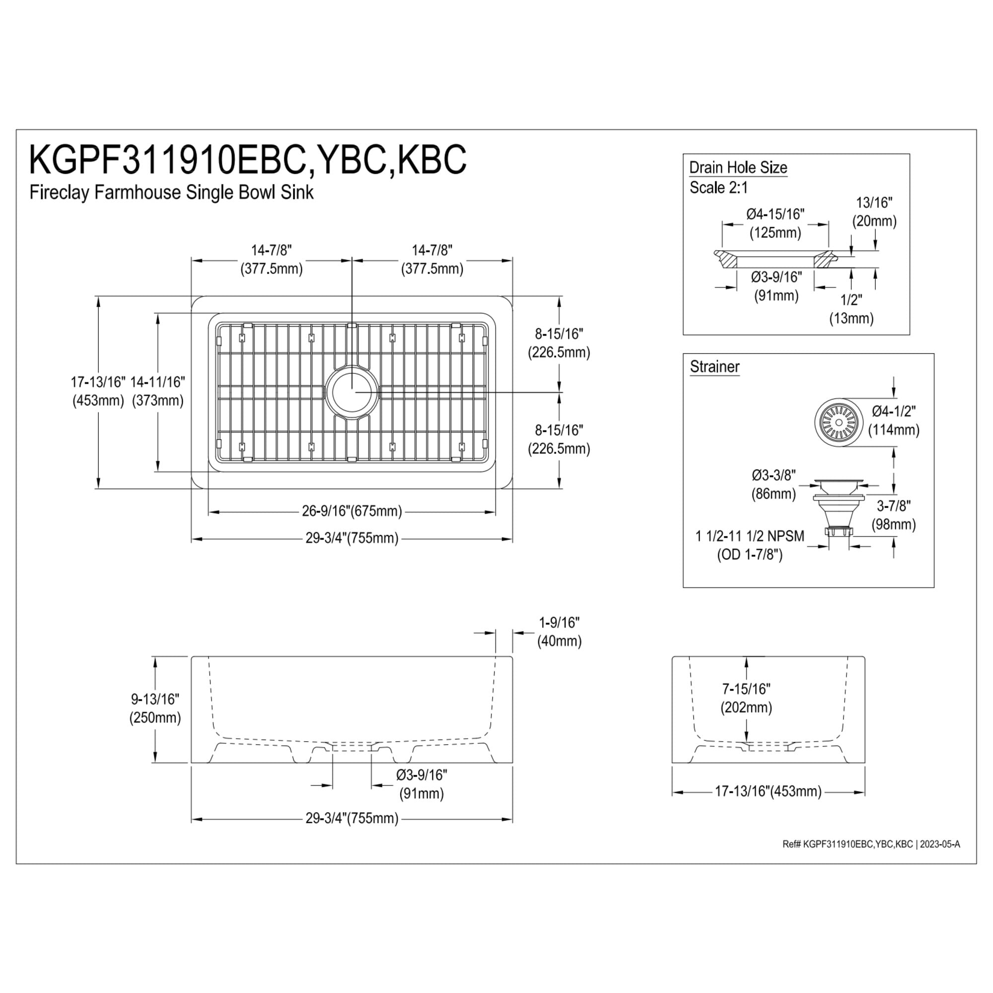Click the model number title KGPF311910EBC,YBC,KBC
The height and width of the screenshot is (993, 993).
[248, 159]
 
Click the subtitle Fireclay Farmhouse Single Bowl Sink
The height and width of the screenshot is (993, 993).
[171, 192]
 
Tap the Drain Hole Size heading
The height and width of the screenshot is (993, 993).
[738, 167]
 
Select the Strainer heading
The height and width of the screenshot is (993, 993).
[714, 366]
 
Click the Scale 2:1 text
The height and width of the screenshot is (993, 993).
[718, 188]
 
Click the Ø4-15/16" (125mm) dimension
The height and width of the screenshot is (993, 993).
[775, 223]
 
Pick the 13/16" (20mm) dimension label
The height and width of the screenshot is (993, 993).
[874, 212]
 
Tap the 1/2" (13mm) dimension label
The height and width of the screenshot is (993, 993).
[851, 309]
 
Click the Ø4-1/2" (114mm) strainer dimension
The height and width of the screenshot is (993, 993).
[894, 421]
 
